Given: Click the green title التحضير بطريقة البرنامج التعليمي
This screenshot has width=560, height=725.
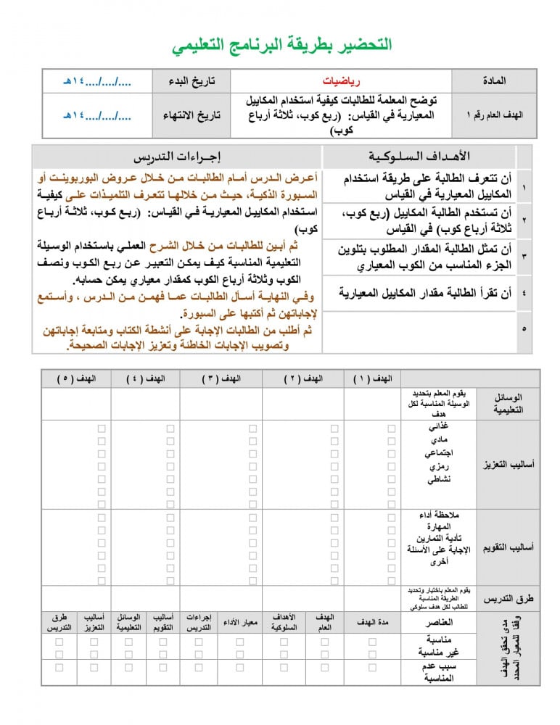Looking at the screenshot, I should [282, 45].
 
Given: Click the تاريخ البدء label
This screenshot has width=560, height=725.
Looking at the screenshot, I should [192, 81].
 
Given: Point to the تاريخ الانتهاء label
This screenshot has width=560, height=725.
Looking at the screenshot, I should [191, 115].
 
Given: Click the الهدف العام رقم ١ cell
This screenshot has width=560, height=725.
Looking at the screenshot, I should [494, 115].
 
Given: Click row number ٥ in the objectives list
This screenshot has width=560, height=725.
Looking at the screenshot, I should [524, 329].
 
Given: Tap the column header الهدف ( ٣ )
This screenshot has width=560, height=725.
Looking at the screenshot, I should [221, 378].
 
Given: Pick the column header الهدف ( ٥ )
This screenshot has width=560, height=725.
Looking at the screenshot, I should [76, 378].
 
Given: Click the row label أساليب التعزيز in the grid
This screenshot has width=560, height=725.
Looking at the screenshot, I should [508, 464].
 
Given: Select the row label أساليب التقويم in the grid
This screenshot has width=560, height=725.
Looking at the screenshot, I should [508, 547].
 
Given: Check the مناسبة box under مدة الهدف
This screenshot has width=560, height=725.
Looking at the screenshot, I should [372, 642].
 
